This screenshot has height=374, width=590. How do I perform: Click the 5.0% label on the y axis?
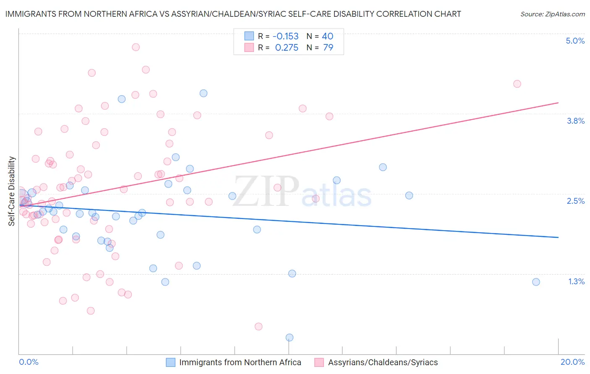click(x=575, y=41)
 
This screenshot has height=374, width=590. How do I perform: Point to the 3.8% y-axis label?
click(x=575, y=121)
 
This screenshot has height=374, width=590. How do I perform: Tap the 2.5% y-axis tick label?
click(x=575, y=201)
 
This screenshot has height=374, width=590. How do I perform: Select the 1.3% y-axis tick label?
click(x=576, y=281)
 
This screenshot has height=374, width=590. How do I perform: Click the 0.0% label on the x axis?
click(x=29, y=362)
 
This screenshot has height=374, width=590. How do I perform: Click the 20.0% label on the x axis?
click(x=572, y=362)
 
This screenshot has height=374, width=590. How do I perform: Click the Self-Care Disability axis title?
click(x=12, y=191)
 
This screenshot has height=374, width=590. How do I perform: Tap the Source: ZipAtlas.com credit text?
click(x=552, y=14)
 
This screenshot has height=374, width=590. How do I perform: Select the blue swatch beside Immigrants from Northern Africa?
click(x=170, y=362)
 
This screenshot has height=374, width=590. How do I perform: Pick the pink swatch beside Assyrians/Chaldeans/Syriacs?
click(x=319, y=362)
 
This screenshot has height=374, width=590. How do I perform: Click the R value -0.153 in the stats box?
click(x=285, y=36)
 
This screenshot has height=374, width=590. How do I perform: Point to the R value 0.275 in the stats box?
click(x=287, y=48)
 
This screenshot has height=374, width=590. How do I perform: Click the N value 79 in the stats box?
click(x=328, y=48)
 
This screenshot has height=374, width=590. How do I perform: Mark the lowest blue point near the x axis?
click(x=290, y=338)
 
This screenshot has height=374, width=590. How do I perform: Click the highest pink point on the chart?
click(x=136, y=47)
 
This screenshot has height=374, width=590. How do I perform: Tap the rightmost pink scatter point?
click(x=517, y=84)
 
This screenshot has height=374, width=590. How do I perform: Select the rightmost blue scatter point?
click(x=536, y=282)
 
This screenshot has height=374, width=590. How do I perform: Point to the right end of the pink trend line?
click(x=558, y=103)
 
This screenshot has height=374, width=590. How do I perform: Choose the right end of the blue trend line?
click(x=558, y=237)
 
